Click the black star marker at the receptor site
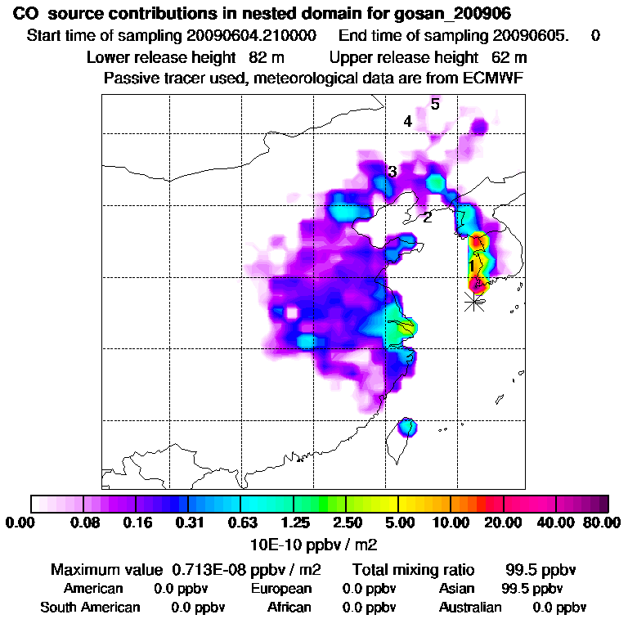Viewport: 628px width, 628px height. pos(474,301)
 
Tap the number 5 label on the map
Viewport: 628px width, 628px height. pos(435,104)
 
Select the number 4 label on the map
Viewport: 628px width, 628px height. pos(407,122)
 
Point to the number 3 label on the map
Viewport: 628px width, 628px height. pos(392,172)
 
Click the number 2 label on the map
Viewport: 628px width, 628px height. pos(427,218)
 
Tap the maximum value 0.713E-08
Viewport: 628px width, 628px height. pos(208,569)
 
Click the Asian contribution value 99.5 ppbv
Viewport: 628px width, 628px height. pos(532,589)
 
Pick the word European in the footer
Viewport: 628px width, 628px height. pos(281,589)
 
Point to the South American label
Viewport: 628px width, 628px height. pos(91,608)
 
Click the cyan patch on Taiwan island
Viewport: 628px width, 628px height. pos(406,427)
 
